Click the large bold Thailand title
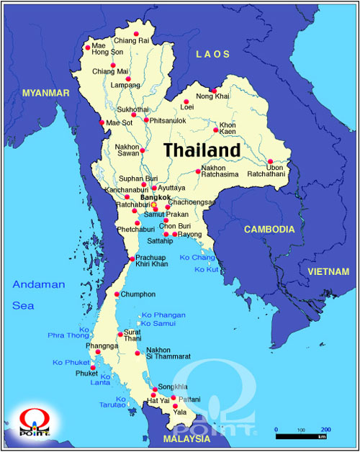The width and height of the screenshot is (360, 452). (202, 150)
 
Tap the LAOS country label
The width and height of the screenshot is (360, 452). (213, 54)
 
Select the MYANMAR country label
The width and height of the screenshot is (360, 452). (45, 94)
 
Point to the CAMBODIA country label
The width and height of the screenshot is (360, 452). (269, 229)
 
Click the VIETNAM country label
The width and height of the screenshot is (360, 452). (328, 271)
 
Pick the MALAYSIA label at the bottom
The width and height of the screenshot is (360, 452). (186, 438)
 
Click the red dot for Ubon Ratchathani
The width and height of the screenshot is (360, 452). (270, 161)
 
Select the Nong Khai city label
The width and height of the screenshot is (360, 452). (214, 96)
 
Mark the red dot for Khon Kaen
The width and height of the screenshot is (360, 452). (216, 130)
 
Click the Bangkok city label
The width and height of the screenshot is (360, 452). (156, 196)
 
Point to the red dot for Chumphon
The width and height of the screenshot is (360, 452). (117, 294)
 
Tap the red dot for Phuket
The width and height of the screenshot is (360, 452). (92, 367)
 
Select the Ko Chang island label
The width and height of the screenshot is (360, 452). (197, 257)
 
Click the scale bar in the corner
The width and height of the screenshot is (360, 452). (302, 436)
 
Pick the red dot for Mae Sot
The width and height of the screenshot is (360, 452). (102, 122)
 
